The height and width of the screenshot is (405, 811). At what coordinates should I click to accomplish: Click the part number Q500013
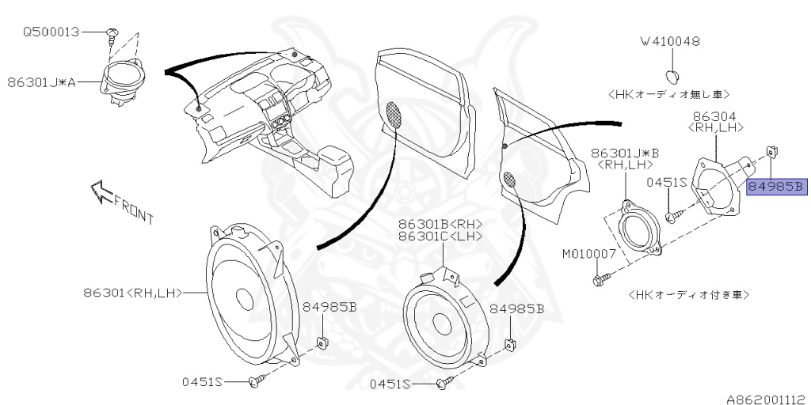[51, 33]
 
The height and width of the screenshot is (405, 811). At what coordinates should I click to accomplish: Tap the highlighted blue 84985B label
[776, 187]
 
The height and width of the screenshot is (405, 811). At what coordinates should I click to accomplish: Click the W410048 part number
[671, 41]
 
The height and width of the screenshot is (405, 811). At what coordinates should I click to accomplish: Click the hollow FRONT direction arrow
[102, 192]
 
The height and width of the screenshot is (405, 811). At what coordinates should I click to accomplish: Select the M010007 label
[589, 255]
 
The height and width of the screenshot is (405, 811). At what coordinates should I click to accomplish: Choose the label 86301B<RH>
[440, 224]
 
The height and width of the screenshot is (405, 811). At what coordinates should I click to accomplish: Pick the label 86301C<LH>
[440, 237]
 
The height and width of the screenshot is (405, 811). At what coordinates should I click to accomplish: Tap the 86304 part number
[715, 116]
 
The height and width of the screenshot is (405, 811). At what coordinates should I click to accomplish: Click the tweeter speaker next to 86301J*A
[125, 79]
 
